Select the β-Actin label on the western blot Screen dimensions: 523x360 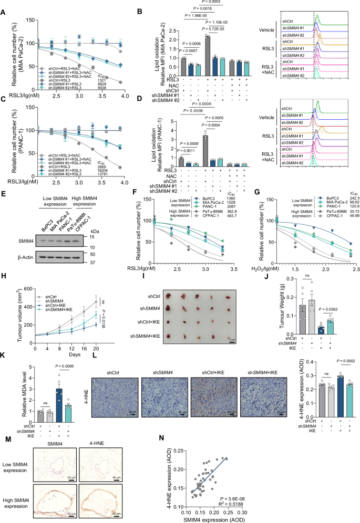pos(17,259)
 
